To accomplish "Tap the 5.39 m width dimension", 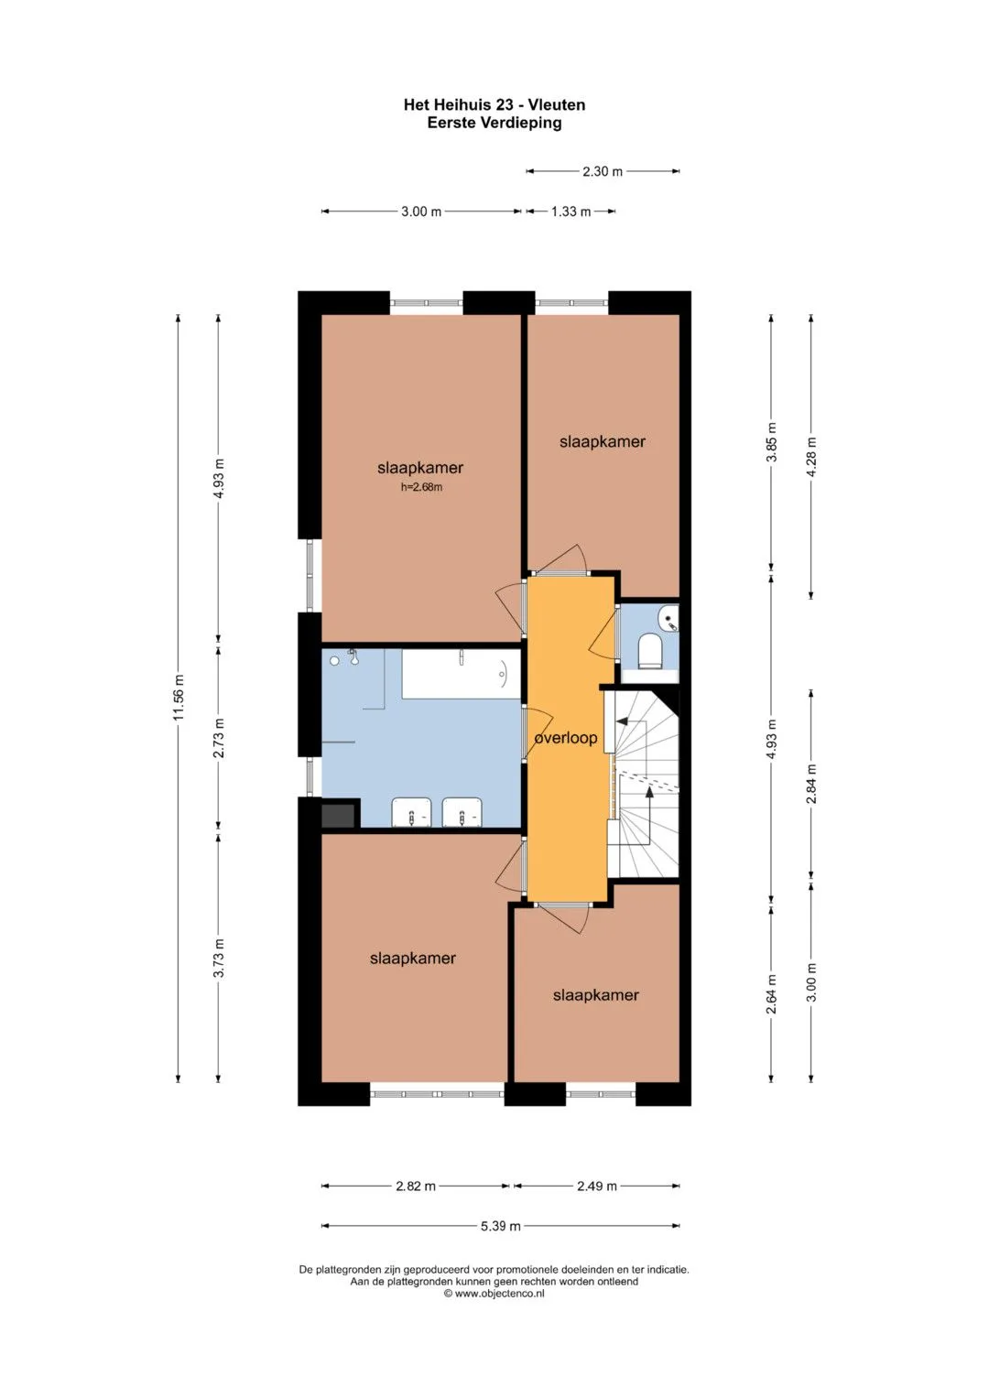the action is pos(501,1226).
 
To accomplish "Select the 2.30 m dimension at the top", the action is pos(603,171).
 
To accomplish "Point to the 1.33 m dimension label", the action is pos(571,211).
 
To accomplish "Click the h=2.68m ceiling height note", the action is pos(421,487).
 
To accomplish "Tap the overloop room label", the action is pos(566,738).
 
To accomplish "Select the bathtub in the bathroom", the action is pos(461,674).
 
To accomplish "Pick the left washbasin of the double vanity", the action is pos(411,812).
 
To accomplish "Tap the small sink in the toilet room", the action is pos(668,617).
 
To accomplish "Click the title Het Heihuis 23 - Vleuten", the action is pos(494,105).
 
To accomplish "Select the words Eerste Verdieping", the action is pos(494,123).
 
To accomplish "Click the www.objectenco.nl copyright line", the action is pos(494,1294).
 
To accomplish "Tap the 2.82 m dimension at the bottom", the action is pos(416,1187).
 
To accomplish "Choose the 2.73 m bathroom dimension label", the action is pos(219,738).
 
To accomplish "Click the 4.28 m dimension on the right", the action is pos(811,456).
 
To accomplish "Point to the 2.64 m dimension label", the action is pos(772,995).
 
